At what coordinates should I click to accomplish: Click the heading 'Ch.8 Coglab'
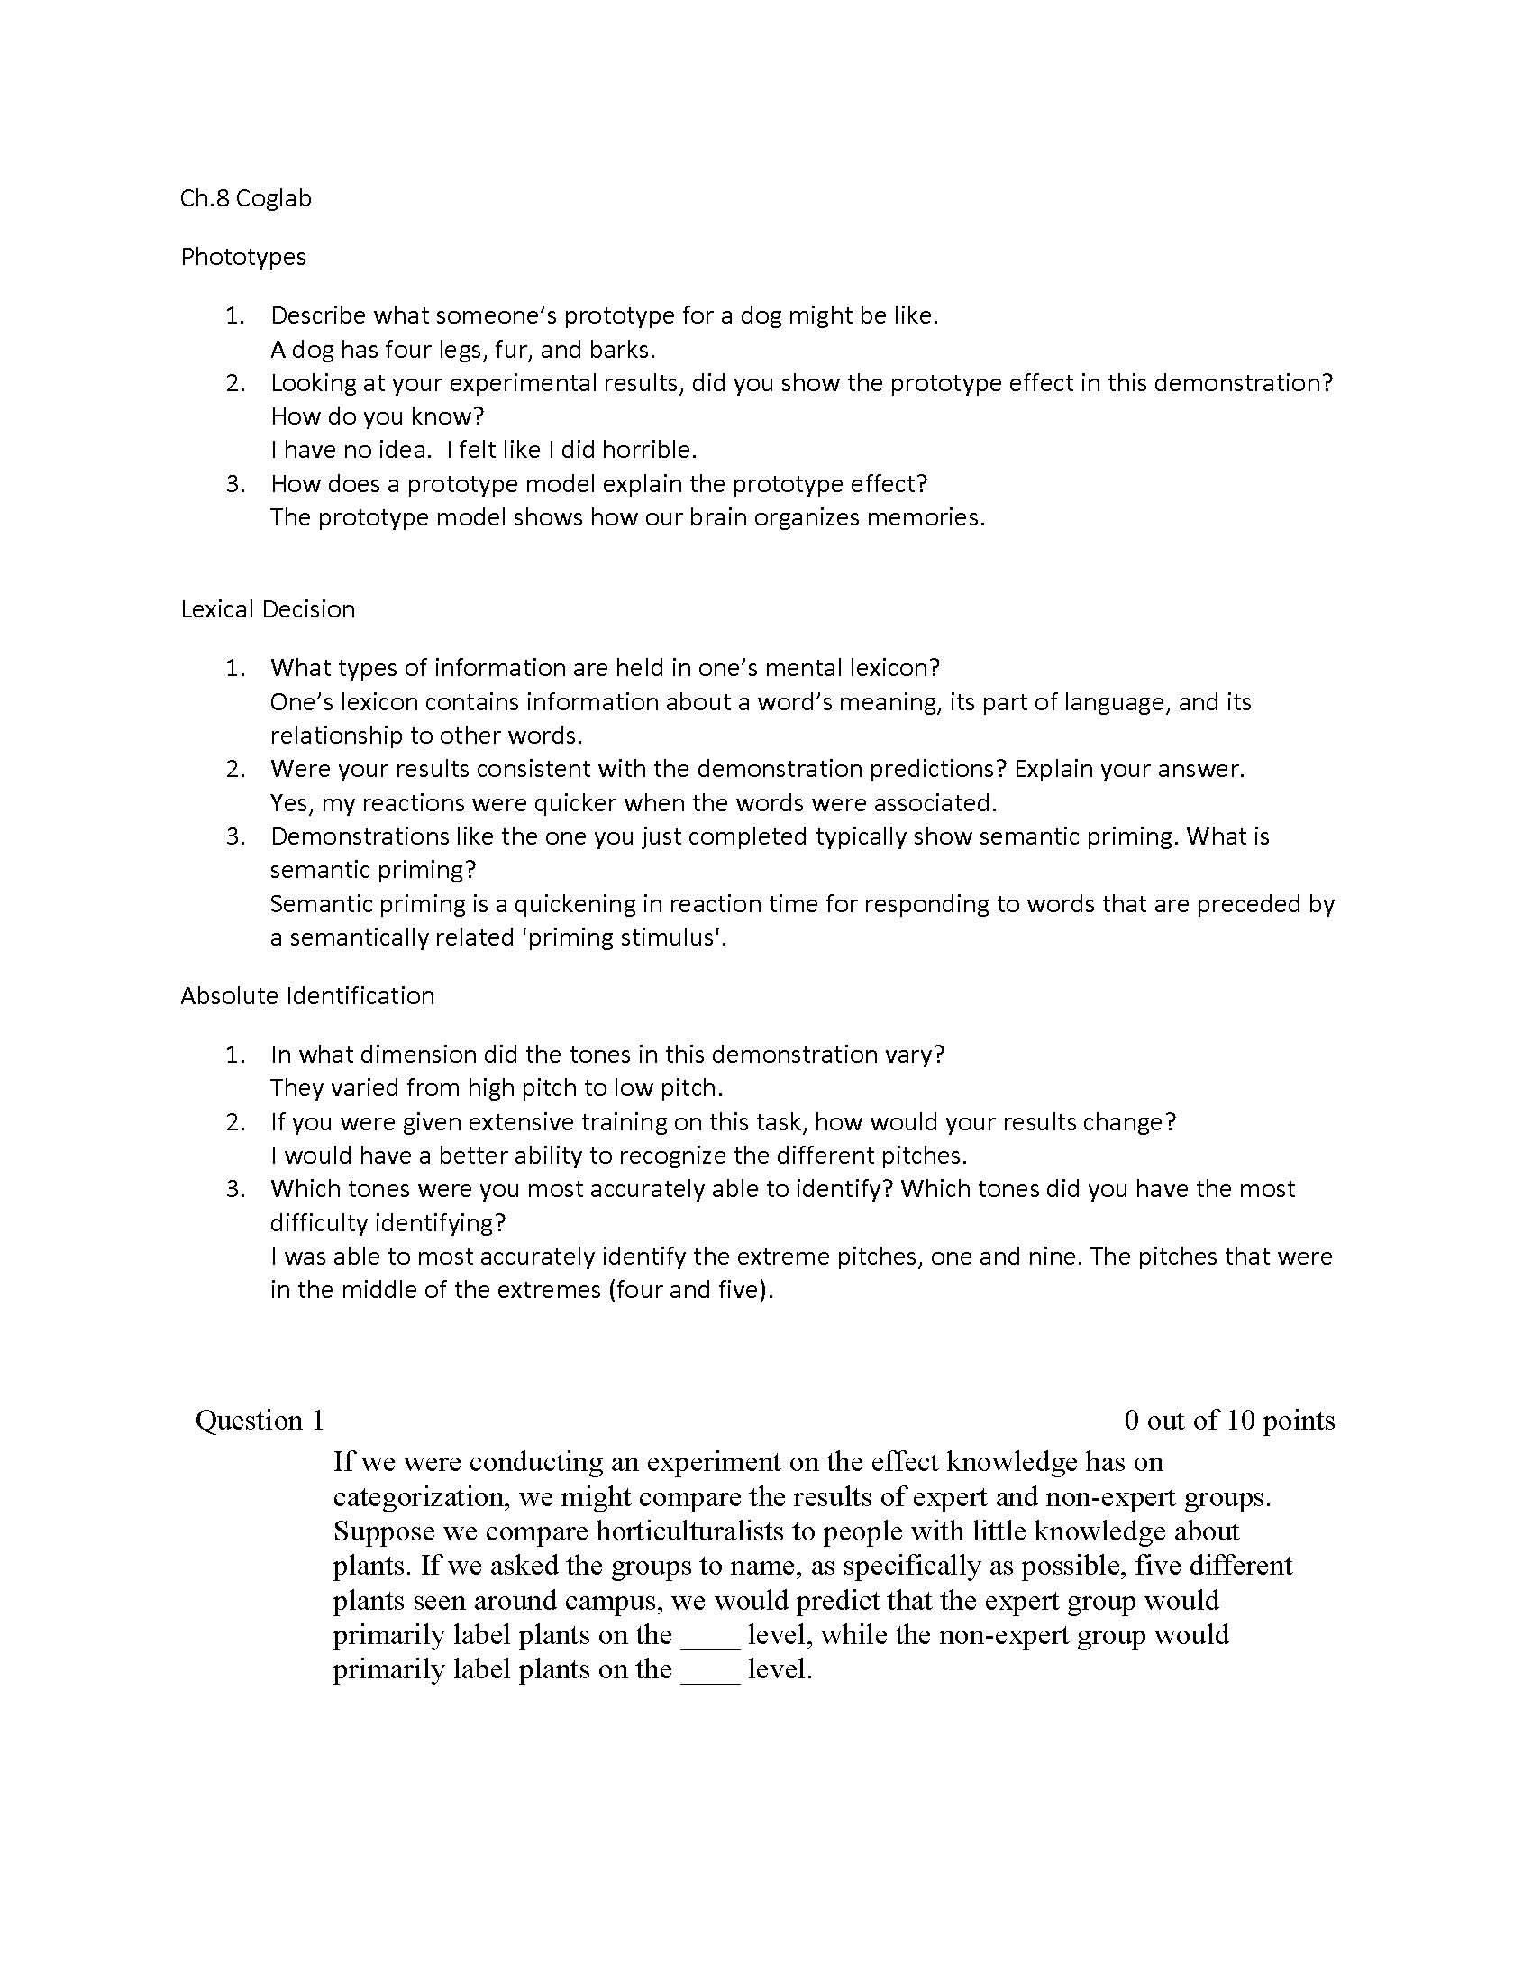point(245,198)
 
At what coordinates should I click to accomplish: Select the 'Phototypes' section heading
point(243,257)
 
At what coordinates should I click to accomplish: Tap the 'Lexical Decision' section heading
point(268,609)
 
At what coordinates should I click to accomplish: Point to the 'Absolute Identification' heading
point(306,996)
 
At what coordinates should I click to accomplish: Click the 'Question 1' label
point(260,1420)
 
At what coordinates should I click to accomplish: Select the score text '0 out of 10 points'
point(1229,1420)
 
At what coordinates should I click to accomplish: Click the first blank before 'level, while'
point(711,1635)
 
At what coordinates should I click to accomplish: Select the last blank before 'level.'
point(711,1669)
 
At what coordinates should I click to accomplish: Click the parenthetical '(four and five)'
point(688,1290)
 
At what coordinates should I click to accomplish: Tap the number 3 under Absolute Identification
point(235,1190)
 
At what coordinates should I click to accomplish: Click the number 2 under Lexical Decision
point(235,769)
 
